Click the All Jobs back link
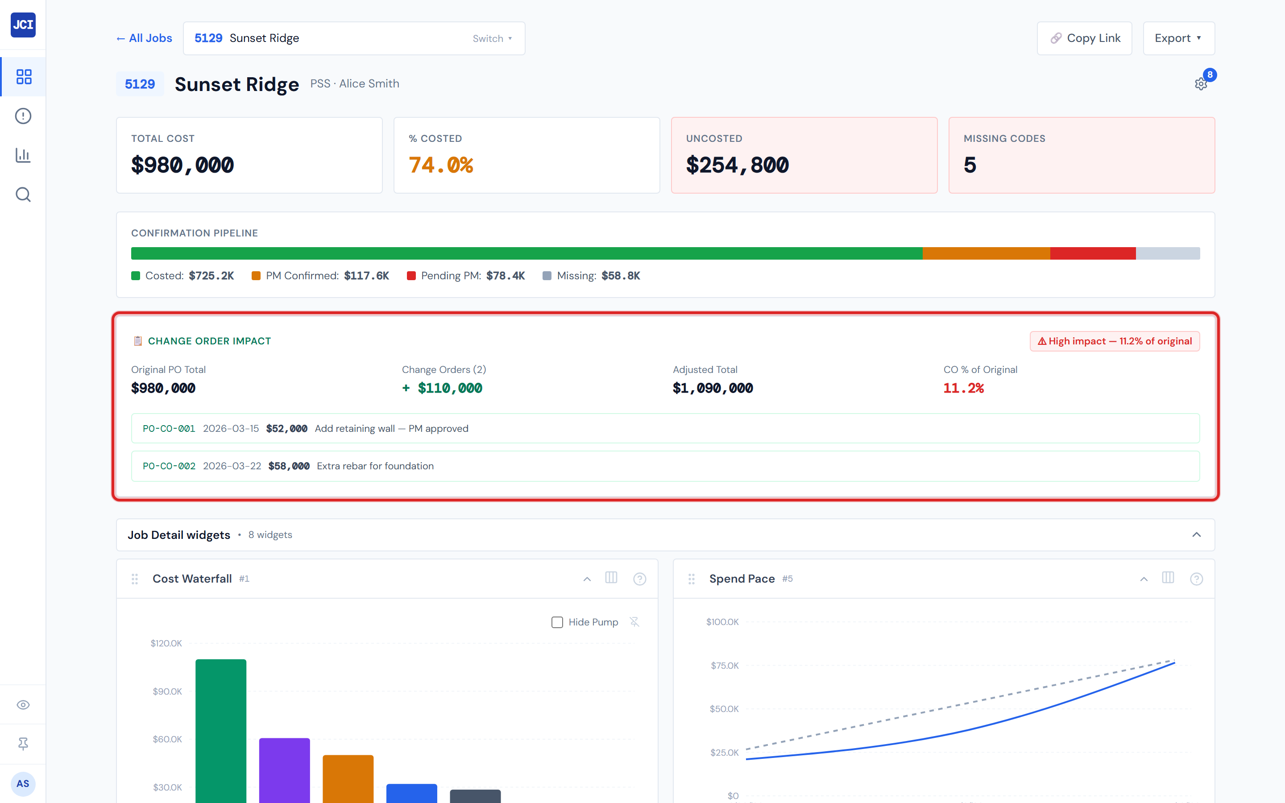coord(145,38)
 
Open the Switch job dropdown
coord(492,38)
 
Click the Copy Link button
coord(1084,38)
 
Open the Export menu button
coord(1178,38)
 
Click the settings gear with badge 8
coord(1201,84)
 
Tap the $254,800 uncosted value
coord(737,165)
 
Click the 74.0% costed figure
coord(441,165)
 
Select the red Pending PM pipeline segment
coord(1092,253)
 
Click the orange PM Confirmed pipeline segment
coord(986,253)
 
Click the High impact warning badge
coord(1114,341)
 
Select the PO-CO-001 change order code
coord(169,429)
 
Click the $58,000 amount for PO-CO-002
coord(289,466)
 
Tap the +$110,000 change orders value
coord(442,388)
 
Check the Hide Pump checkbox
coord(557,622)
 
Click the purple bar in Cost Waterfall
coord(284,770)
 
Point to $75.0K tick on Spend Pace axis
coord(724,666)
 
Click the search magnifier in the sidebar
coord(23,195)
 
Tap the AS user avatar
coord(23,783)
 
